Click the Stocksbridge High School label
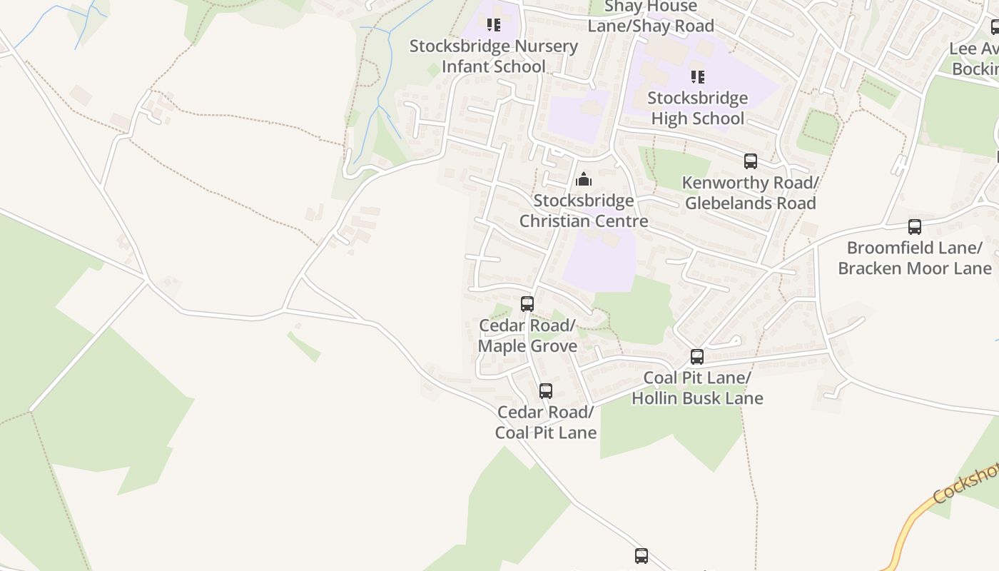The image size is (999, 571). (x=699, y=108)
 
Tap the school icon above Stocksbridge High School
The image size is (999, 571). (x=698, y=77)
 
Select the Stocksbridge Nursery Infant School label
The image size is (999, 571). (x=494, y=56)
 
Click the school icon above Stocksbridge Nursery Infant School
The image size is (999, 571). (x=493, y=26)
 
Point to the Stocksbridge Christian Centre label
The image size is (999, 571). (x=584, y=211)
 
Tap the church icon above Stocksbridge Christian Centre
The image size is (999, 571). (x=584, y=179)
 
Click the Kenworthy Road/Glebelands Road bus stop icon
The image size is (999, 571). (x=750, y=161)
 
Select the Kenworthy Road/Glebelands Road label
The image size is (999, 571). (x=750, y=193)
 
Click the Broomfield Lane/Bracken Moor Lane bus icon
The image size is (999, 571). (x=914, y=227)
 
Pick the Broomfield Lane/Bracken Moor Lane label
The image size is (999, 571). (x=914, y=258)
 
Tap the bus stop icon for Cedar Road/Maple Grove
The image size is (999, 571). (x=527, y=304)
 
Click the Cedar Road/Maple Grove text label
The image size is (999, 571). (x=527, y=336)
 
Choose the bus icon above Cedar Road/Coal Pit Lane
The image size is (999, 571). (x=546, y=391)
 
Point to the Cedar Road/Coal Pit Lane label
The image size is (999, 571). (x=546, y=423)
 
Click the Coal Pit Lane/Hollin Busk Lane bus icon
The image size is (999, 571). (x=697, y=357)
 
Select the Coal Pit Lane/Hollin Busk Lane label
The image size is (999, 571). (x=697, y=388)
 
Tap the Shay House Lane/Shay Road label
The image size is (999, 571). (x=651, y=17)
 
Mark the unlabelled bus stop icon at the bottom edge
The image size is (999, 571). (x=642, y=556)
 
